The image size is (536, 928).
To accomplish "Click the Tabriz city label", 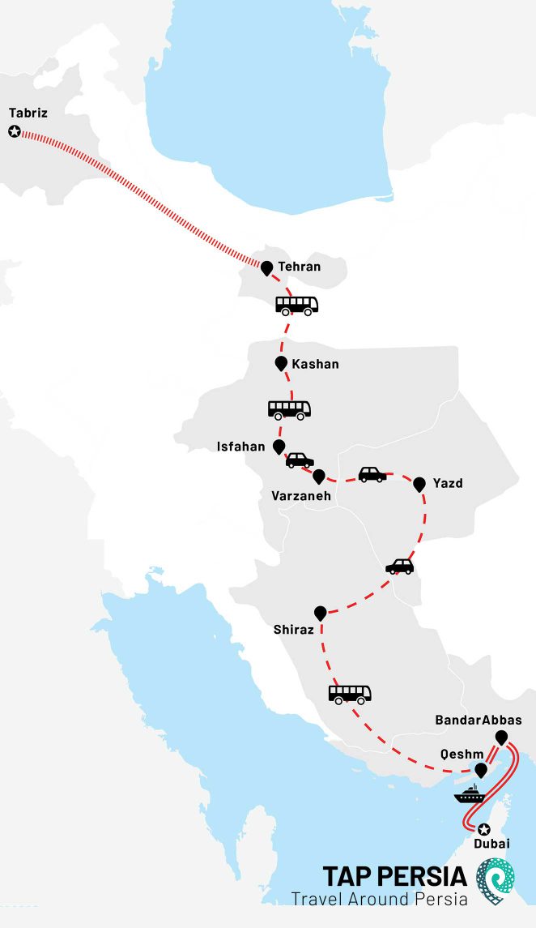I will tap(28, 113).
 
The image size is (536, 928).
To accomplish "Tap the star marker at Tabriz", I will tap(15, 131).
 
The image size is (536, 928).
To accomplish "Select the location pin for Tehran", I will tap(266, 267).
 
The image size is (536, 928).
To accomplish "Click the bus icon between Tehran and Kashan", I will tap(296, 306).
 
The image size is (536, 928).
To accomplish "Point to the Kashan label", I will tap(315, 365).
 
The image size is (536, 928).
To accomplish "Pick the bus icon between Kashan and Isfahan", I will tap(289, 409).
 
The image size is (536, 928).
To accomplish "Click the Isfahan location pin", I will tap(279, 447).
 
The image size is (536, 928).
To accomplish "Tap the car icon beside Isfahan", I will tap(300, 460).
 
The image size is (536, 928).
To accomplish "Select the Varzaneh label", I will tap(301, 496).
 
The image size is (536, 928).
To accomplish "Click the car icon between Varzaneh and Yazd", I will tap(372, 474).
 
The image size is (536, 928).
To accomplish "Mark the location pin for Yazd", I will tap(419, 485).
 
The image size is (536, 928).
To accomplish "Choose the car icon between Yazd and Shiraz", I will tap(399, 566).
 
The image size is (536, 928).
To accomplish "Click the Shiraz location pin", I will tap(320, 613).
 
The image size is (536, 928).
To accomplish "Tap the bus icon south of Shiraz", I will tap(350, 694).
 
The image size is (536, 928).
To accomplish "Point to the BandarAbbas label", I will tap(478, 720).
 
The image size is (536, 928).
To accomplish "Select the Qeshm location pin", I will tap(481, 770).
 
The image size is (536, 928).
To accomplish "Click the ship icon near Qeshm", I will tap(470, 793).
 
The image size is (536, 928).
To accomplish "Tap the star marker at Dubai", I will tap(483, 829).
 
